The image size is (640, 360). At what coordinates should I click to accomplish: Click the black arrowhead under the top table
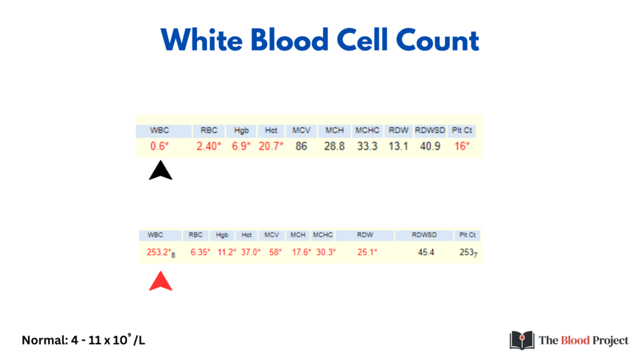pyautogui.click(x=161, y=170)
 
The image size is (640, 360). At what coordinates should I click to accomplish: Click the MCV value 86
pyautogui.click(x=301, y=146)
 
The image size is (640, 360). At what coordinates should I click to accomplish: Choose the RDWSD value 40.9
pyautogui.click(x=430, y=146)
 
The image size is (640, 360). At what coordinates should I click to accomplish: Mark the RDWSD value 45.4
pyautogui.click(x=426, y=252)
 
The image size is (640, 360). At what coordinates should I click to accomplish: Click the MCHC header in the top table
pyautogui.click(x=367, y=130)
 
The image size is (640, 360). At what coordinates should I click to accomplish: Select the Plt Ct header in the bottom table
pyautogui.click(x=467, y=235)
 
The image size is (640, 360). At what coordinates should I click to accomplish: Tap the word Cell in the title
pyautogui.click(x=362, y=41)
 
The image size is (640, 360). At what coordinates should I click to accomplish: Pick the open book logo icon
pyautogui.click(x=522, y=340)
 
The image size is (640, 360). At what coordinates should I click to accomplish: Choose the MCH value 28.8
pyautogui.click(x=334, y=146)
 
